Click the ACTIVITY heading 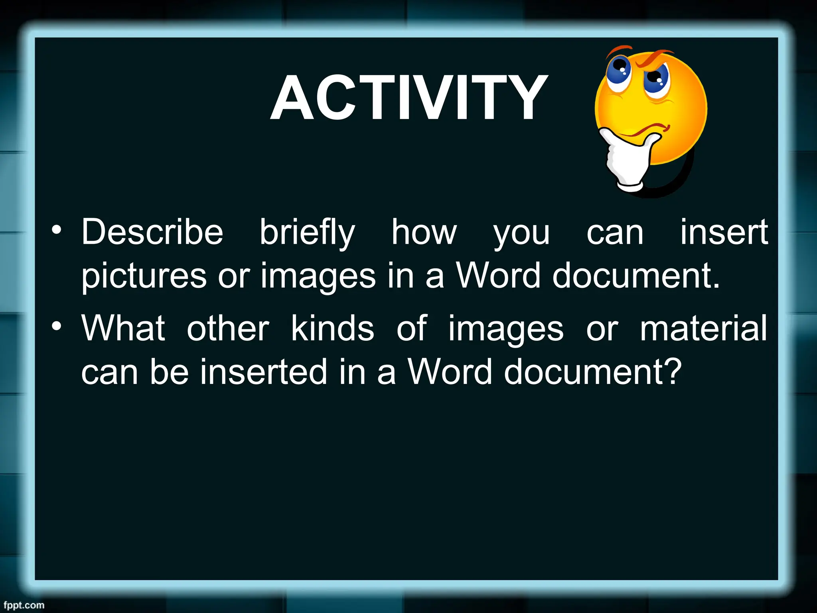coord(409,98)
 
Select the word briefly coord(307,233)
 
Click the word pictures coord(144,276)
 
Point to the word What coord(123,328)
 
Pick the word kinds coord(332,328)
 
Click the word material coord(703,328)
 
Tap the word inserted coord(264,372)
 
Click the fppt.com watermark coord(24,605)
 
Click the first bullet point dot coord(57,230)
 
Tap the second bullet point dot coord(57,326)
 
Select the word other coord(228,328)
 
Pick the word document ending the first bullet coord(636,276)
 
